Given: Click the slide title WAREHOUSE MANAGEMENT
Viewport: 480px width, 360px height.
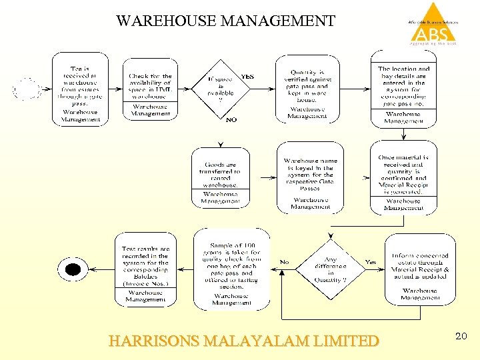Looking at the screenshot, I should point(225,21).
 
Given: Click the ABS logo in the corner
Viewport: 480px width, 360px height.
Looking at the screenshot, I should point(433,25).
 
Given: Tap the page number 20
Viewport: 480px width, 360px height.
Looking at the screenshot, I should point(461,337).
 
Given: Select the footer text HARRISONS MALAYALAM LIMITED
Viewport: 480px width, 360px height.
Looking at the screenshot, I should point(243,341).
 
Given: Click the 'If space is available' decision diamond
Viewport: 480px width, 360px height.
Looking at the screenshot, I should point(221,90).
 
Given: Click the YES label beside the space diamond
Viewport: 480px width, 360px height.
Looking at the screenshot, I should point(247,77).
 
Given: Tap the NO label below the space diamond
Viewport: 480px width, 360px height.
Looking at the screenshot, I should point(231,120).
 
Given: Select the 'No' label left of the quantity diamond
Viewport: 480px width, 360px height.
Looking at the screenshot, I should point(285,262).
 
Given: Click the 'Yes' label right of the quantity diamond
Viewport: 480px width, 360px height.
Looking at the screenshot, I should point(371,262).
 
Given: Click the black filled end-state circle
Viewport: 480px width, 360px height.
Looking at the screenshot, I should point(72,269).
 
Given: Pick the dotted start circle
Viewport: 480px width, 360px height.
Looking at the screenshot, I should point(25,89).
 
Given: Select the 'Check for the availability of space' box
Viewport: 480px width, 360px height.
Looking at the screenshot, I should point(150,89).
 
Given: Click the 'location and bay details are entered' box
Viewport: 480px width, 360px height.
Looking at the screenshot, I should point(403,91).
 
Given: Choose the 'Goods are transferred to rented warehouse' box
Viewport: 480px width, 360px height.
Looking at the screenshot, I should point(220,177).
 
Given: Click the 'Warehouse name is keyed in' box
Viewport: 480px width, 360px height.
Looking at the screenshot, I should point(310,177).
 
